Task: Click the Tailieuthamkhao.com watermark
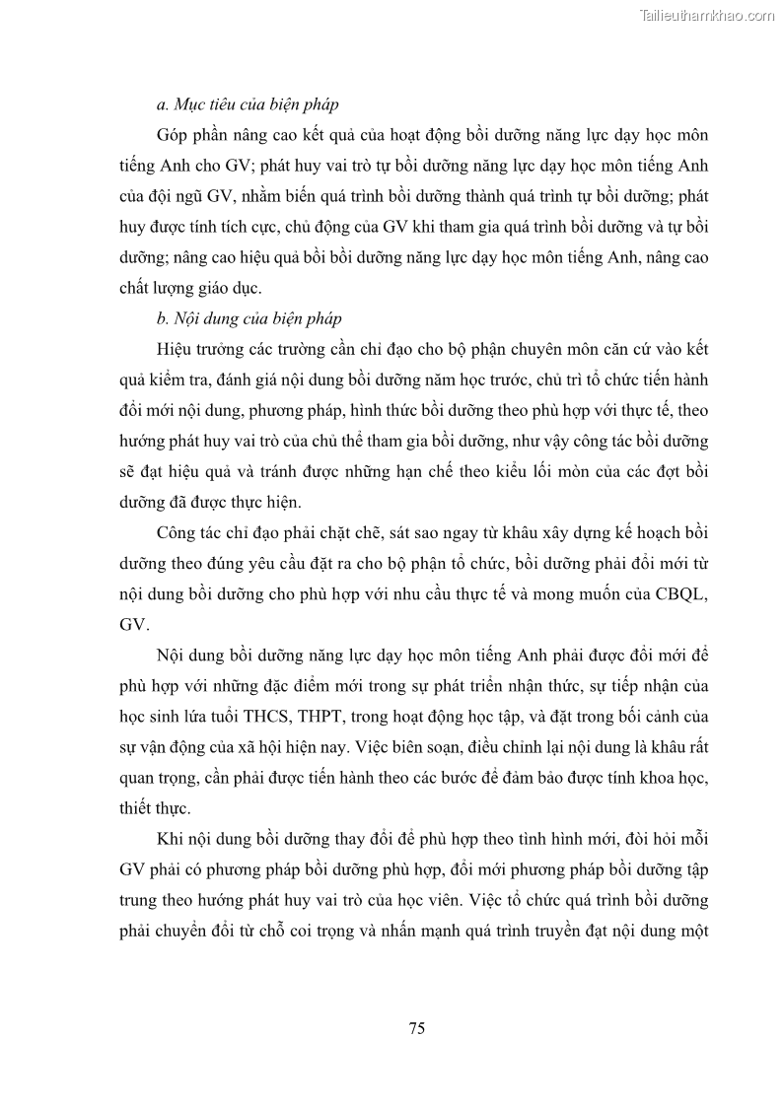(x=707, y=15)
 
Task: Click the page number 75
(x=416, y=1028)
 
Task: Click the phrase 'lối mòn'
(x=560, y=472)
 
